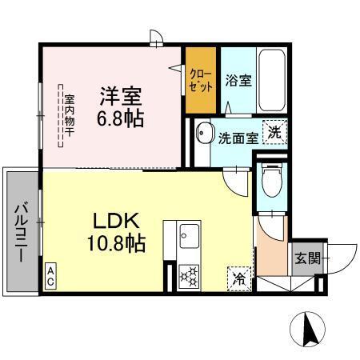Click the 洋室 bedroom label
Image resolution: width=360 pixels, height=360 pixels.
[x=120, y=97]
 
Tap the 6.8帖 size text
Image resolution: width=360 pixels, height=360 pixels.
[x=120, y=118]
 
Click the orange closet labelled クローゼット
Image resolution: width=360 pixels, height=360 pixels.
[x=201, y=81]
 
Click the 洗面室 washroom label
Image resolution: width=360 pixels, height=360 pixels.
[x=238, y=138]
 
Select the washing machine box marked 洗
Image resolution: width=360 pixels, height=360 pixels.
[x=274, y=133]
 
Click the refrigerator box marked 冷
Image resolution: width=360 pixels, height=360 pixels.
[x=238, y=278]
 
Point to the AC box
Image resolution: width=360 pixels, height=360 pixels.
[x=50, y=277]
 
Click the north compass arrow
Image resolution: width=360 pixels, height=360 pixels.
[x=309, y=328]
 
